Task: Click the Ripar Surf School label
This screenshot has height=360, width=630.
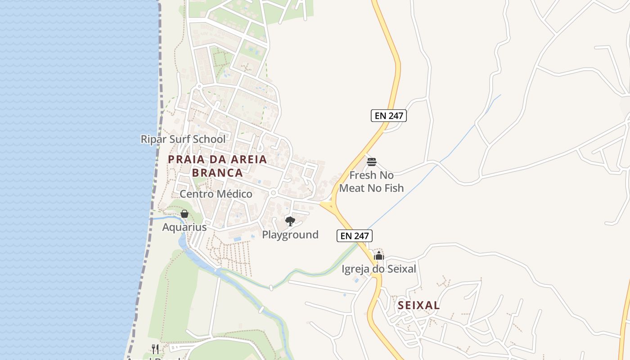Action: [x=183, y=139]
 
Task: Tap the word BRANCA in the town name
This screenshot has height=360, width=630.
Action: [x=217, y=173]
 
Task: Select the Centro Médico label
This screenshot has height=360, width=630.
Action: [x=216, y=194]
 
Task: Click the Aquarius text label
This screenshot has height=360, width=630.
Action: [x=184, y=227]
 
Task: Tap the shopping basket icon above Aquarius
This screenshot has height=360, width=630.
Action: [x=184, y=214]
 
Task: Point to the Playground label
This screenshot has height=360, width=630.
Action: [x=290, y=234]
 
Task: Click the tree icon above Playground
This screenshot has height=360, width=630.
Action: [x=290, y=221]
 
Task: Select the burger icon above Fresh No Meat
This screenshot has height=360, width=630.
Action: [x=372, y=162]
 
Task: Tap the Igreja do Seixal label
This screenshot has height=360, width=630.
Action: [x=379, y=269]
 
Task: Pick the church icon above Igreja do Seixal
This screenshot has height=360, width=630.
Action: [x=379, y=256]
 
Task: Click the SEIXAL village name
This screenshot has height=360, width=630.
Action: [x=418, y=306]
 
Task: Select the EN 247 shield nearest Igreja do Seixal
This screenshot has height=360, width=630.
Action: [x=355, y=235]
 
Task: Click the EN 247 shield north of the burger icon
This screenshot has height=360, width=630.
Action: [x=389, y=116]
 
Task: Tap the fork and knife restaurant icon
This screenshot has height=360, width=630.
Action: [x=155, y=349]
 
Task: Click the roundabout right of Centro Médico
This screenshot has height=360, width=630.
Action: [x=273, y=193]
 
